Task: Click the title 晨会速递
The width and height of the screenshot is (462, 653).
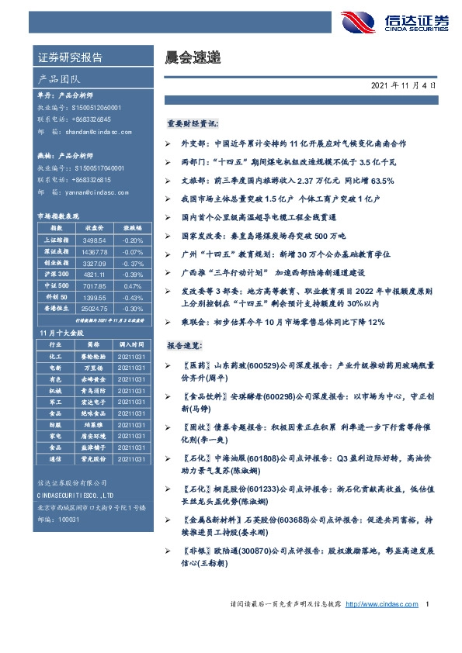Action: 189,57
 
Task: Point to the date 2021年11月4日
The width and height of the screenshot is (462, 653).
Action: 408,85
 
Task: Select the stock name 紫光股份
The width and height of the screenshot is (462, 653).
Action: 93,459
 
